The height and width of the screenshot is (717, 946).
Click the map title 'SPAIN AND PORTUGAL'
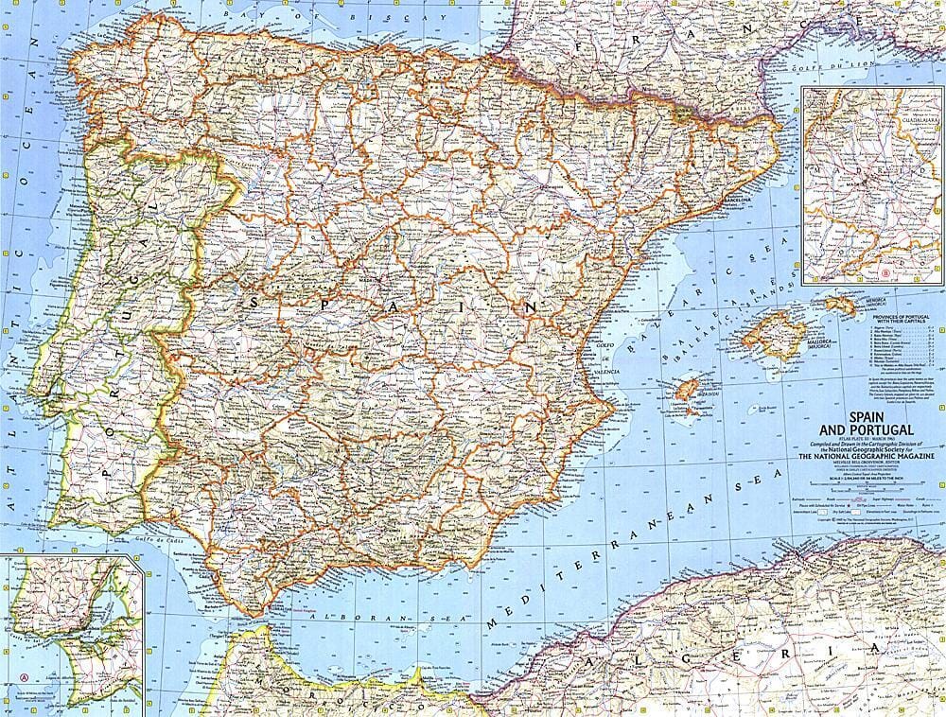(x=855, y=422)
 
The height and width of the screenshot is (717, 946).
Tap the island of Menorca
(x=839, y=304)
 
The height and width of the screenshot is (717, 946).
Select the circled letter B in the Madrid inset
(x=885, y=275)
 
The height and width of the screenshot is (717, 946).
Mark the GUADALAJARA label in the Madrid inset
(x=899, y=125)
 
